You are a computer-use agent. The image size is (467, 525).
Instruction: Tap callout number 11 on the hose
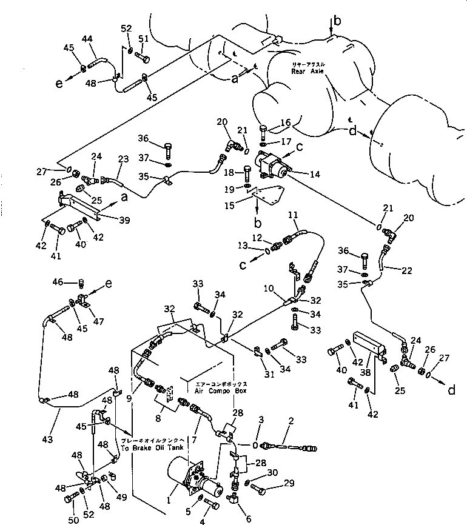click(x=294, y=215)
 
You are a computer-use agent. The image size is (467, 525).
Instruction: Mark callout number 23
click(x=123, y=160)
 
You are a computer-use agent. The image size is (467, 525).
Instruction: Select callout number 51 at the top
click(x=143, y=39)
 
